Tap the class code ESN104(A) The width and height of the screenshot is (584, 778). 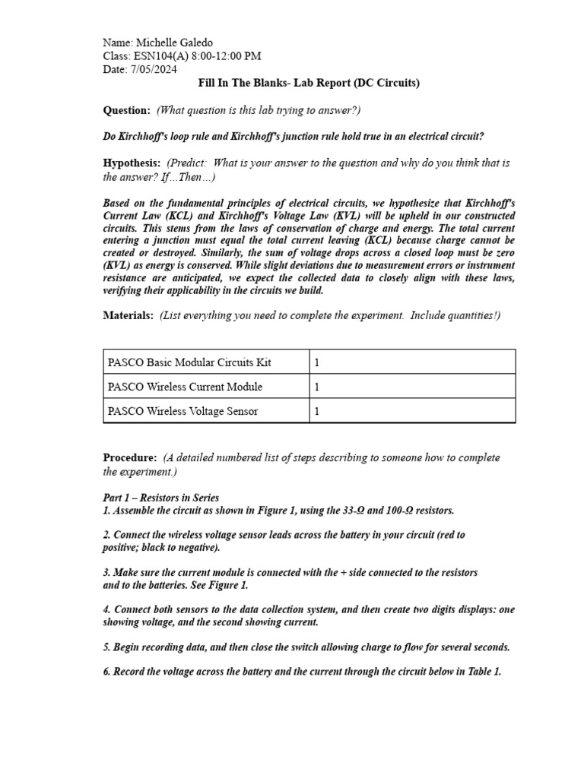pyautogui.click(x=160, y=56)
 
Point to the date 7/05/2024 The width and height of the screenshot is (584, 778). pyautogui.click(x=155, y=69)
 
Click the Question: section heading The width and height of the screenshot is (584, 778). pyautogui.click(x=126, y=111)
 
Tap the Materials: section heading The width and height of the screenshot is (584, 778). pyautogui.click(x=128, y=315)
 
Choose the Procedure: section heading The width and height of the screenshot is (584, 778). pyautogui.click(x=130, y=457)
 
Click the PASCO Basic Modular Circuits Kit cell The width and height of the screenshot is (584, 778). pyautogui.click(x=189, y=362)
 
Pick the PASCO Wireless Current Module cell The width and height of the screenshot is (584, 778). pyautogui.click(x=185, y=387)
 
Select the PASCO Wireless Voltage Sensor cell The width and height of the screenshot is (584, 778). pyautogui.click(x=182, y=411)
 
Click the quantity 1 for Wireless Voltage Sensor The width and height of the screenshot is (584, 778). pyautogui.click(x=317, y=411)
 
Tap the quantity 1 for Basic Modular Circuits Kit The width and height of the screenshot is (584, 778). pyautogui.click(x=317, y=362)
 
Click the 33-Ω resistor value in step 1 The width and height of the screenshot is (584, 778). pyautogui.click(x=361, y=510)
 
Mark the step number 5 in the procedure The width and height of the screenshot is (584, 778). pyautogui.click(x=106, y=647)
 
